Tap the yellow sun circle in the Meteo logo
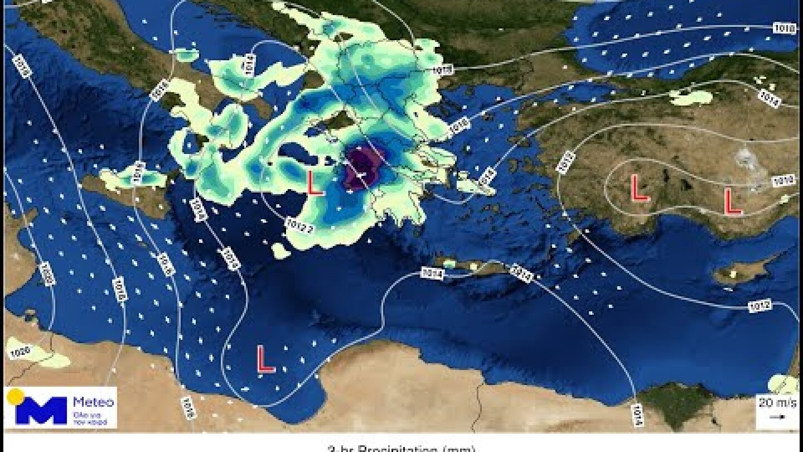[15, 397]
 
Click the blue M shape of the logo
[41, 411]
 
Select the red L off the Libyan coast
[265, 359]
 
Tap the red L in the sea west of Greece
[315, 182]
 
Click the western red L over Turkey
[639, 188]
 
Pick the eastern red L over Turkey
[732, 201]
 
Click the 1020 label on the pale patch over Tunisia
[20, 352]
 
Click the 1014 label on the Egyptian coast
[638, 414]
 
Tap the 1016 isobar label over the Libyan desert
[188, 410]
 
